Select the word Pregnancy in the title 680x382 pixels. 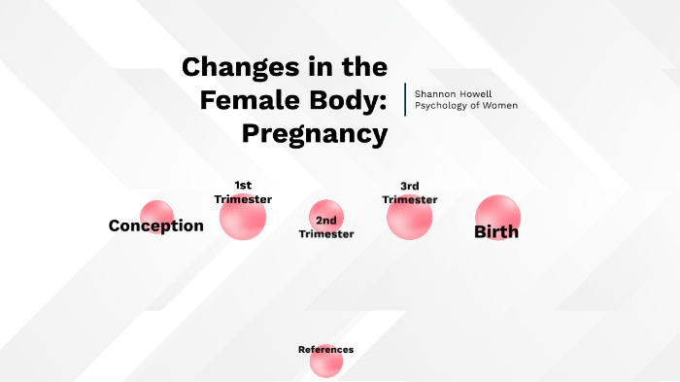pos(315,132)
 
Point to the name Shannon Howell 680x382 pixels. pos(452,93)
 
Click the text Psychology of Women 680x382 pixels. pos(465,105)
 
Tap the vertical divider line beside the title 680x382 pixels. pos(405,99)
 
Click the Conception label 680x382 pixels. pos(155,226)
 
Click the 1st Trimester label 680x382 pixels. pos(243,191)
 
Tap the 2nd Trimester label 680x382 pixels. pos(326,227)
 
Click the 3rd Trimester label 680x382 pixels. pos(409,192)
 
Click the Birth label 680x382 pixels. pos(495,232)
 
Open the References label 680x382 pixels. pos(325,349)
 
